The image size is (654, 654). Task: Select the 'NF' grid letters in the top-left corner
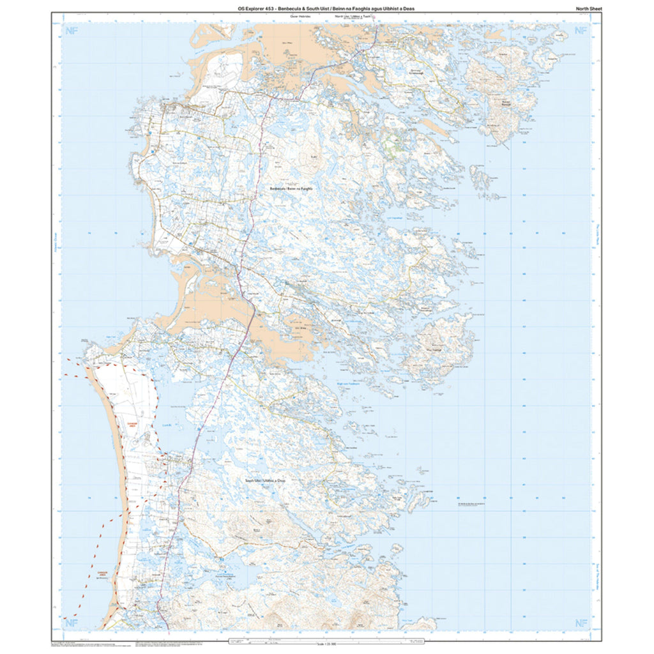tap(71, 31)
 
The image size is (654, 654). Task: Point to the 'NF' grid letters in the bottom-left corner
tap(71, 623)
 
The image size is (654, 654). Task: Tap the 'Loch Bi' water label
tap(167, 406)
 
